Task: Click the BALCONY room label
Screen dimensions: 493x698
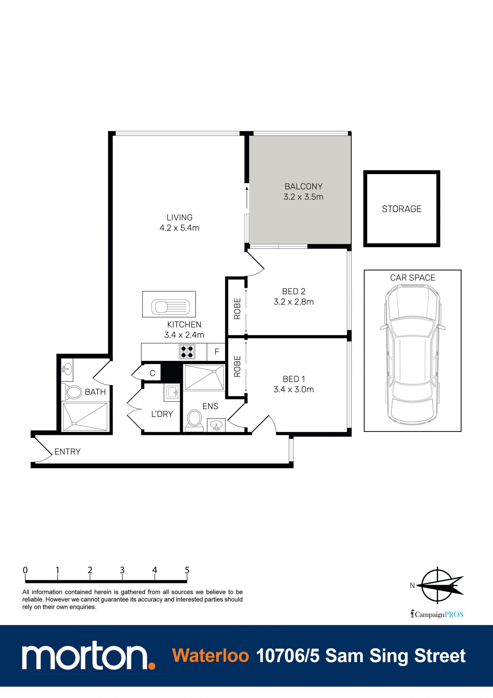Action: [x=303, y=186]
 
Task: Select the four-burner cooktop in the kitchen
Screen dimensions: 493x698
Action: [x=187, y=352]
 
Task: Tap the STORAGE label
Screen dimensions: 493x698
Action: [x=402, y=209]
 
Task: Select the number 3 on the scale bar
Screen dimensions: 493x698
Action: [x=122, y=570]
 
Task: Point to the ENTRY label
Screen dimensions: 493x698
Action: [x=68, y=452]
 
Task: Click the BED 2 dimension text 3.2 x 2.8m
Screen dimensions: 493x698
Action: [x=293, y=302]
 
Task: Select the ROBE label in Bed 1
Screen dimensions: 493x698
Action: [x=237, y=366]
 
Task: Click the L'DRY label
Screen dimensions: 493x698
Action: [x=162, y=414]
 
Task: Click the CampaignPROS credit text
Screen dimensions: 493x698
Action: [x=437, y=615]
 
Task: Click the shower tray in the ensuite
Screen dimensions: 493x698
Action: [x=204, y=378]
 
